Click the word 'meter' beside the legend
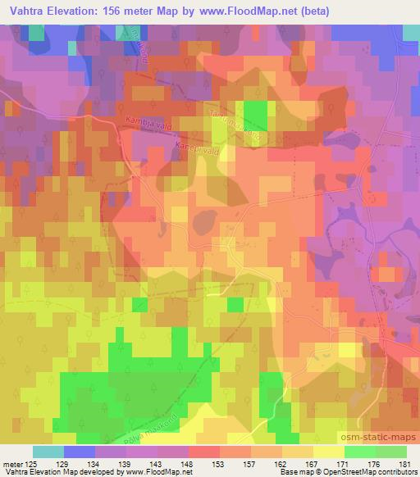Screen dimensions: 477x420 coord(11,463)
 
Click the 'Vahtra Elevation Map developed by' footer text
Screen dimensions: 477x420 coord(57,472)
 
